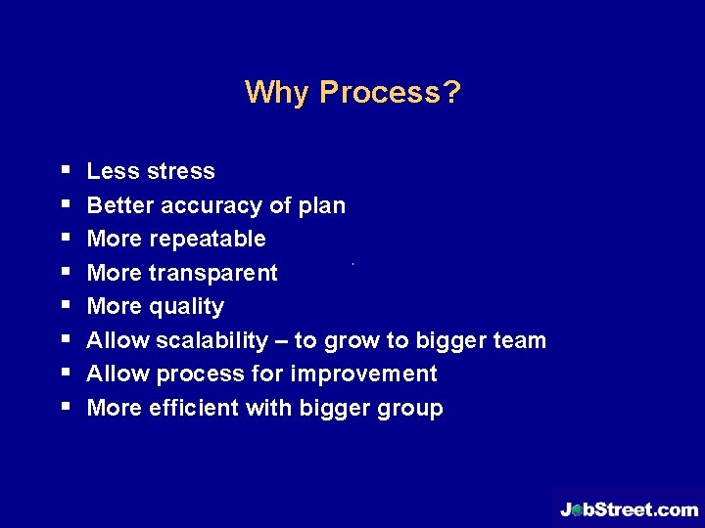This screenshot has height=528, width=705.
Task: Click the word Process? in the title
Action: click(391, 93)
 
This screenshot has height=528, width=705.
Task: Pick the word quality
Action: click(188, 307)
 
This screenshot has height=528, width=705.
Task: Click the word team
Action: click(521, 340)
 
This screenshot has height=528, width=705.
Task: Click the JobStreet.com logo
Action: click(629, 508)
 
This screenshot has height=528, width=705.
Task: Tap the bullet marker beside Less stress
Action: click(65, 171)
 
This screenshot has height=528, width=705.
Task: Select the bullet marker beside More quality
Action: click(65, 306)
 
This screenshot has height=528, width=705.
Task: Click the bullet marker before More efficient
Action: click(65, 408)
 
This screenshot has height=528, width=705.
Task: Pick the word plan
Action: click(322, 205)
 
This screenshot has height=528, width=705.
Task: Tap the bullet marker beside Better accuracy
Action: click(65, 205)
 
